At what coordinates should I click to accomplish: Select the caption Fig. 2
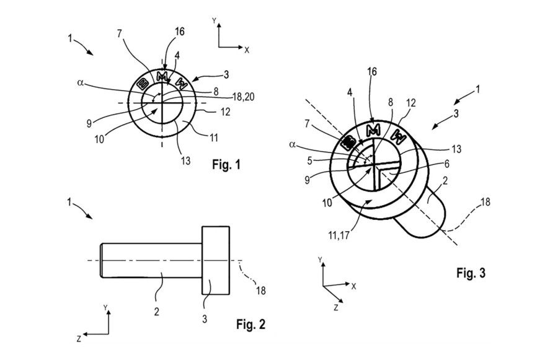tap(252, 323)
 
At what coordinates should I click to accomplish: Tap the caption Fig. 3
tap(472, 273)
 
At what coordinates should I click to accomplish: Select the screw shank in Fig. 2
tap(152, 260)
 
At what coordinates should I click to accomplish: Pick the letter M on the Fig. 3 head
tap(373, 131)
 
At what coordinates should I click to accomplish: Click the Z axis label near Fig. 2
tap(79, 339)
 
